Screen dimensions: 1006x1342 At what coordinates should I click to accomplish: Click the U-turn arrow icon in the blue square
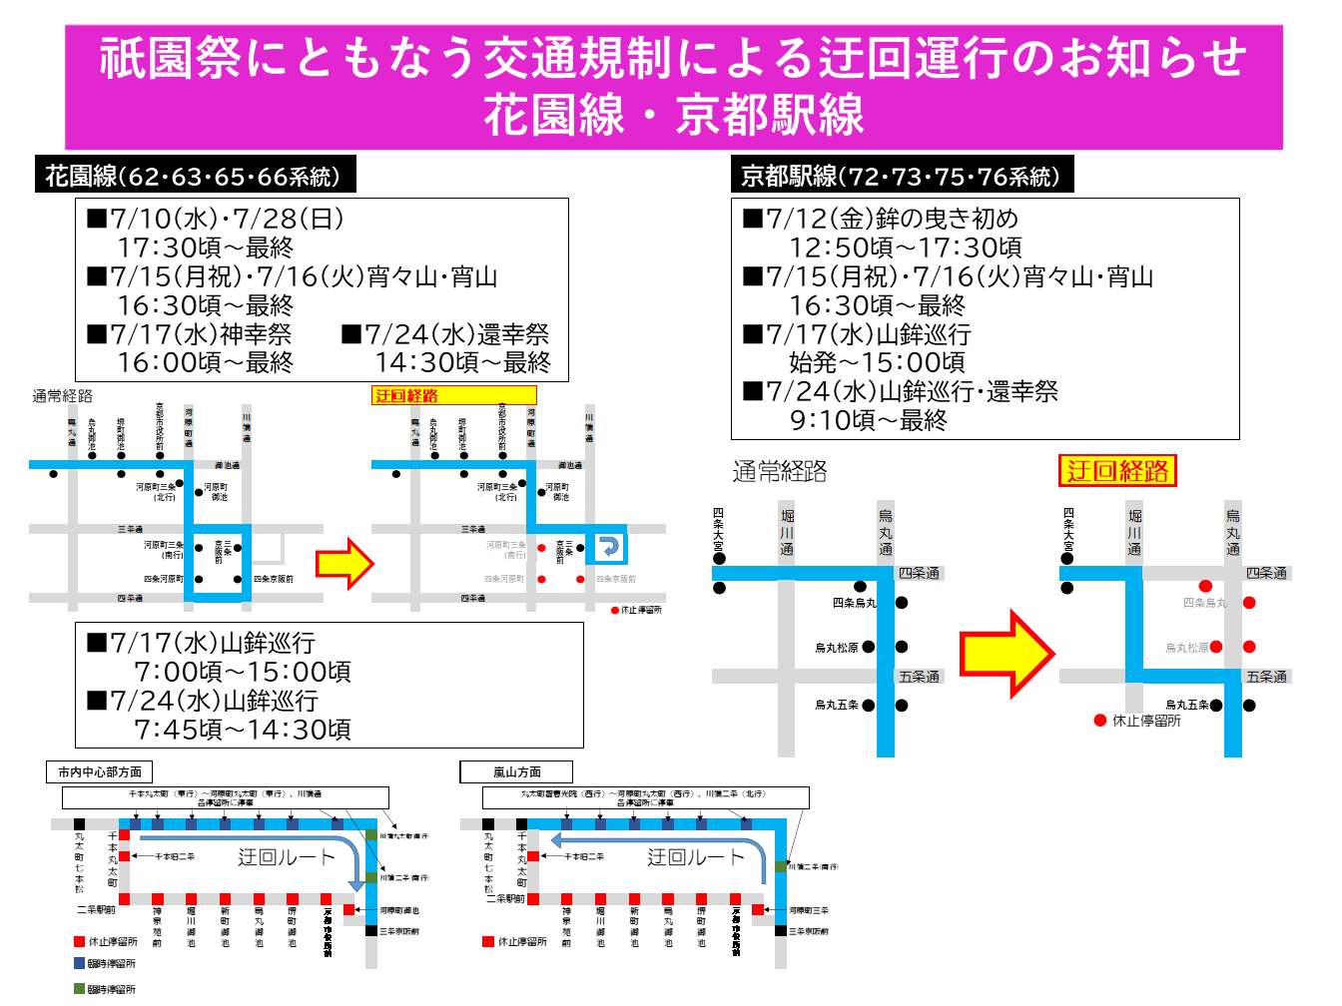click(608, 547)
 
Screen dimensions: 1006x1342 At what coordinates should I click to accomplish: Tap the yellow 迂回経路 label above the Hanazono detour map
click(454, 396)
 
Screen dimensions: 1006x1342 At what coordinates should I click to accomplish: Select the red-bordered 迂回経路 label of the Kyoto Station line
click(1117, 471)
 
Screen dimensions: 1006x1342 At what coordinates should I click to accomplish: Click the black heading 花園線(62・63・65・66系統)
click(193, 177)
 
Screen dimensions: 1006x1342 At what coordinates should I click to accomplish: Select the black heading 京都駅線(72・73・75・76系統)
click(902, 177)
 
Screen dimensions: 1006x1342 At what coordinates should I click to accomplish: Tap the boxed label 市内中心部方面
click(100, 772)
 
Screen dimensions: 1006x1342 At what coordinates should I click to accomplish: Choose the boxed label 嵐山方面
click(516, 772)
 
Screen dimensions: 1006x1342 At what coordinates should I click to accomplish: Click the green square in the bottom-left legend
click(79, 989)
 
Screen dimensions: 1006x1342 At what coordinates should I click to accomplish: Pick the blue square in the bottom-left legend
click(79, 963)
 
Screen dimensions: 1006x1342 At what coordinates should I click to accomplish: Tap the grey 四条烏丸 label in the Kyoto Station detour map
click(1203, 603)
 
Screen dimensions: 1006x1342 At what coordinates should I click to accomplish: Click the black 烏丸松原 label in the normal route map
click(836, 648)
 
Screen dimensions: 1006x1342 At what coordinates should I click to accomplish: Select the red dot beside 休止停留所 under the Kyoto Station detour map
click(1099, 721)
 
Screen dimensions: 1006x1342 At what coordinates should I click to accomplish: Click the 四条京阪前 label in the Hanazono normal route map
click(274, 579)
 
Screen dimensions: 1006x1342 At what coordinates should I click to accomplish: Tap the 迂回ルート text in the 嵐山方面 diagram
click(696, 857)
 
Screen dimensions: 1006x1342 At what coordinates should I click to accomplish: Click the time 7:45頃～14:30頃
click(243, 730)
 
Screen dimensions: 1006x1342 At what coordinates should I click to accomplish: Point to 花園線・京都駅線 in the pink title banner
click(674, 115)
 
